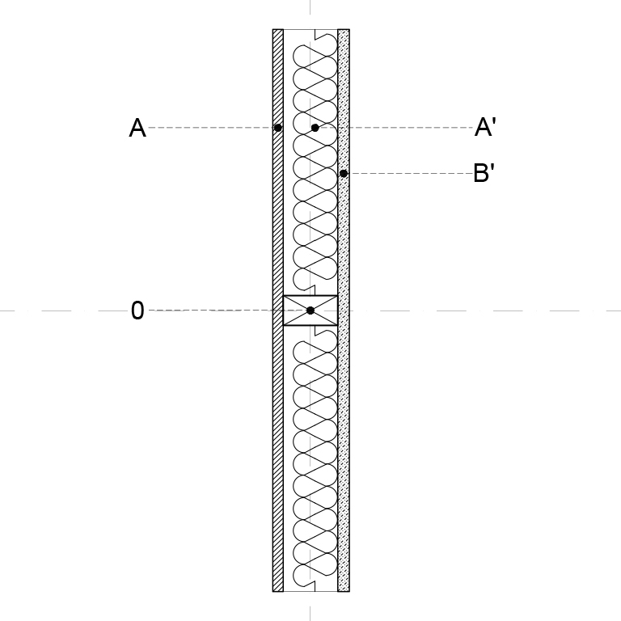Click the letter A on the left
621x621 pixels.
(137, 128)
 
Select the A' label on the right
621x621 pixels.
(485, 127)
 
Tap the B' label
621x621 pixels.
(484, 173)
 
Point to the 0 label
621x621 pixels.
(137, 310)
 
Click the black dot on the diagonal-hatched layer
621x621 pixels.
(277, 128)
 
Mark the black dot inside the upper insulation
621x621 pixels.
(315, 128)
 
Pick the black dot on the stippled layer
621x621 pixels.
(344, 174)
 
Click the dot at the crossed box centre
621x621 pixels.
(310, 310)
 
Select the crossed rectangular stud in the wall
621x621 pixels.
(310, 310)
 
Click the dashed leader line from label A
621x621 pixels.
(211, 128)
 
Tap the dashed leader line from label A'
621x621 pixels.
(396, 128)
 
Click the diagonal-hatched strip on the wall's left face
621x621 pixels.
(278, 310)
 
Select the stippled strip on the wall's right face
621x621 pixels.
(344, 310)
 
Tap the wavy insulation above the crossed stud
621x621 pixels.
(315, 163)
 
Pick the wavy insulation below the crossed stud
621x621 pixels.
(315, 458)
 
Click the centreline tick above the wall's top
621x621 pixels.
(310, 7)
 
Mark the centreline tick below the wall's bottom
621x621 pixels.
(310, 614)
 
